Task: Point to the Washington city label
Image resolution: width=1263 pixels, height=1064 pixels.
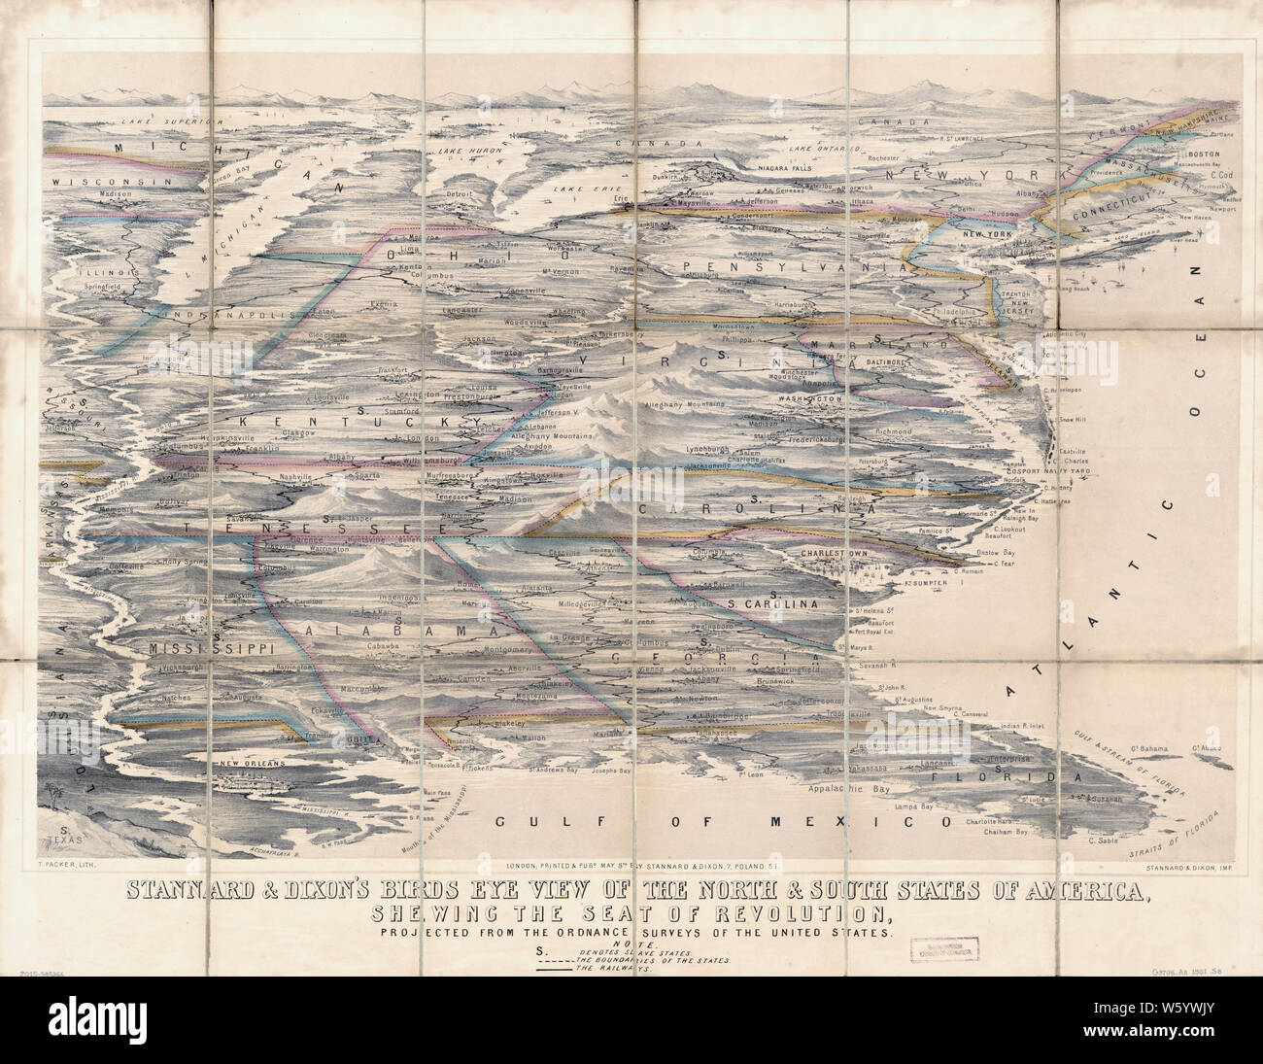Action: pos(808,400)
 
